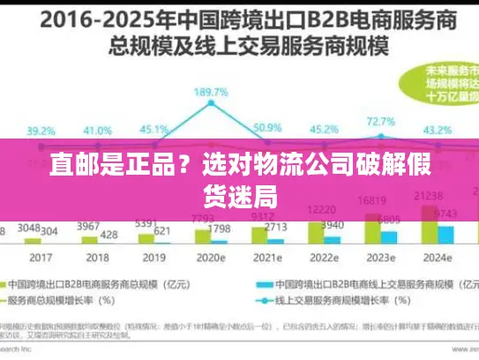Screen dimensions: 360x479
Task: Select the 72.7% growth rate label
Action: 380,121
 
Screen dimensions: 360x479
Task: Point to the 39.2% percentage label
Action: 40,131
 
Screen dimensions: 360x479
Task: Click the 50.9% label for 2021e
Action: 266,128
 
